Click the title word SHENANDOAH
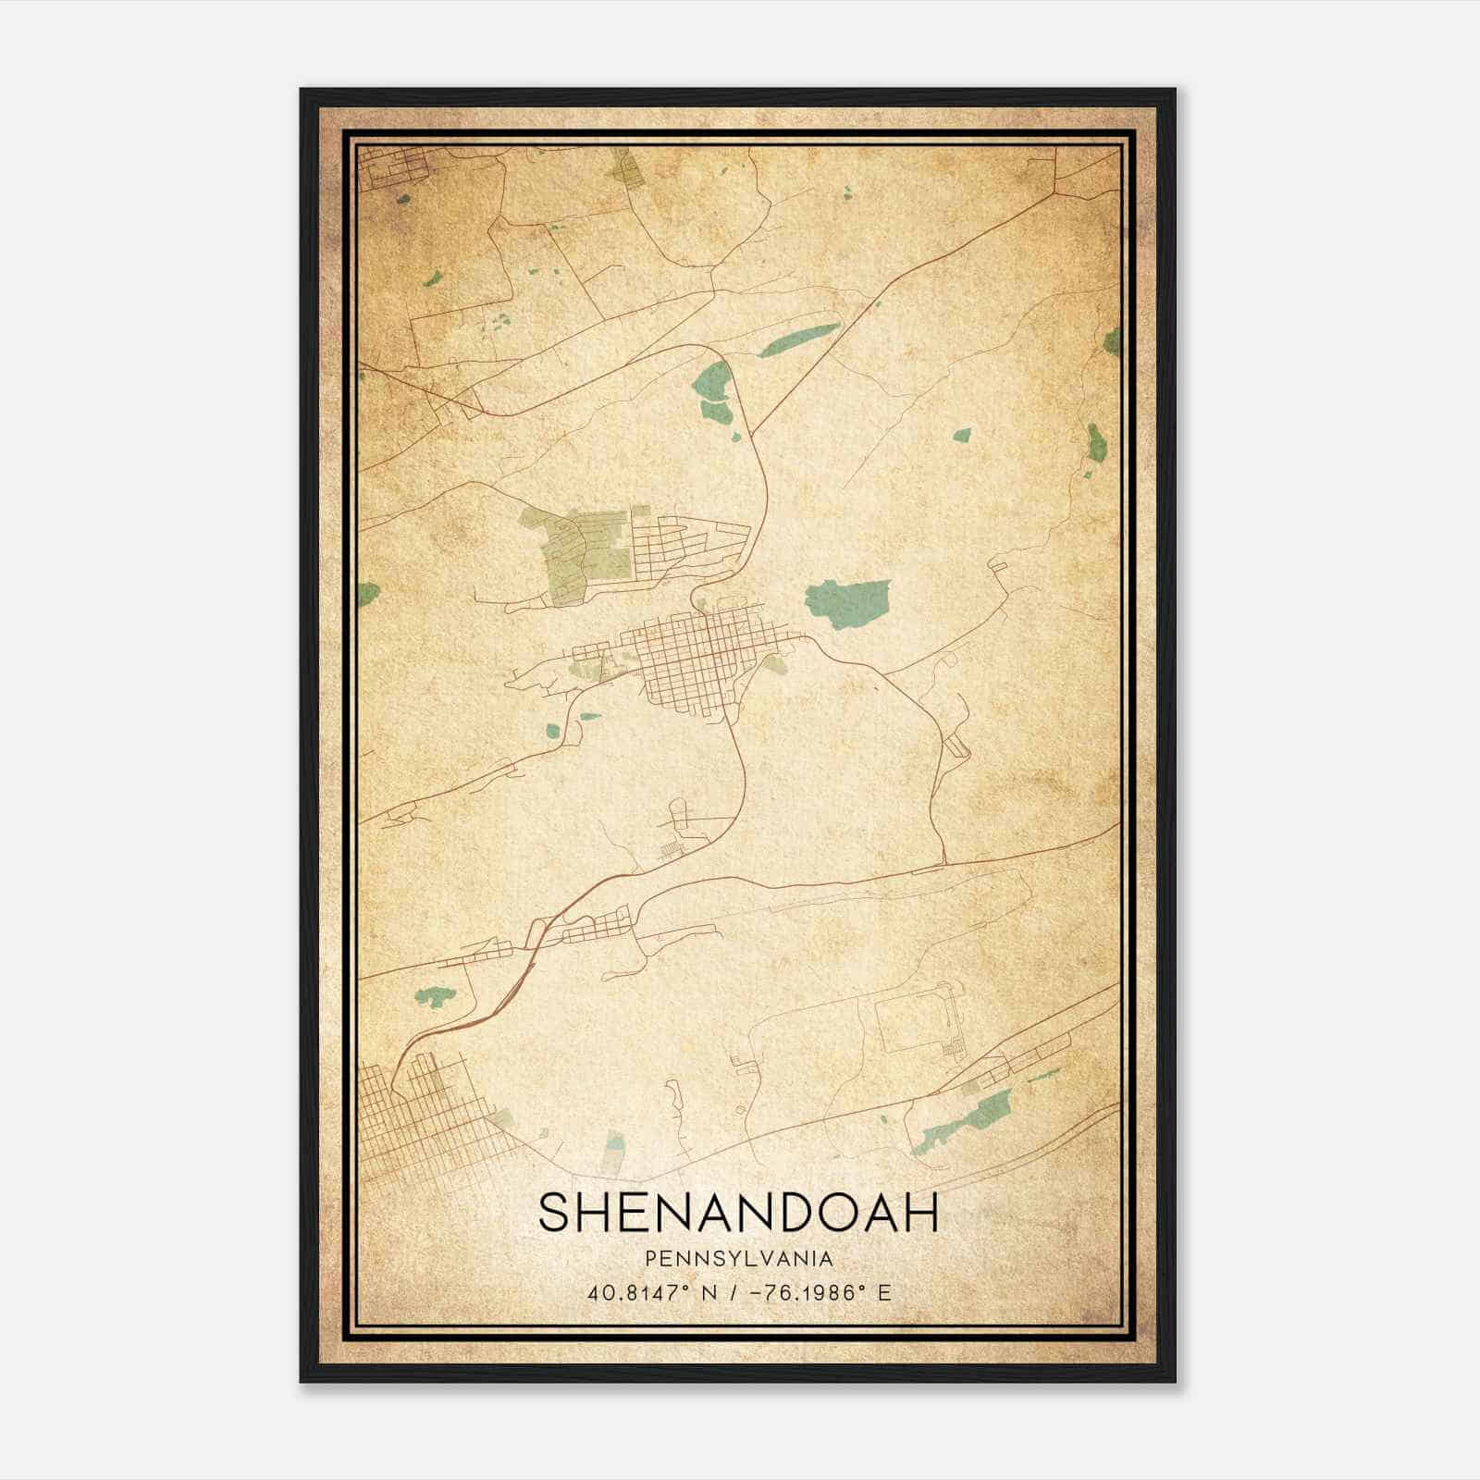[x=738, y=1212]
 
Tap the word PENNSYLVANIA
[x=738, y=1259]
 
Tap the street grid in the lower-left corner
[x=416, y=1119]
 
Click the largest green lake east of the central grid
[x=848, y=603]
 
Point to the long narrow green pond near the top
[x=799, y=339]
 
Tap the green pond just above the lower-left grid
[x=435, y=996]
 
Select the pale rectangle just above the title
[x=613, y=1152]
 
